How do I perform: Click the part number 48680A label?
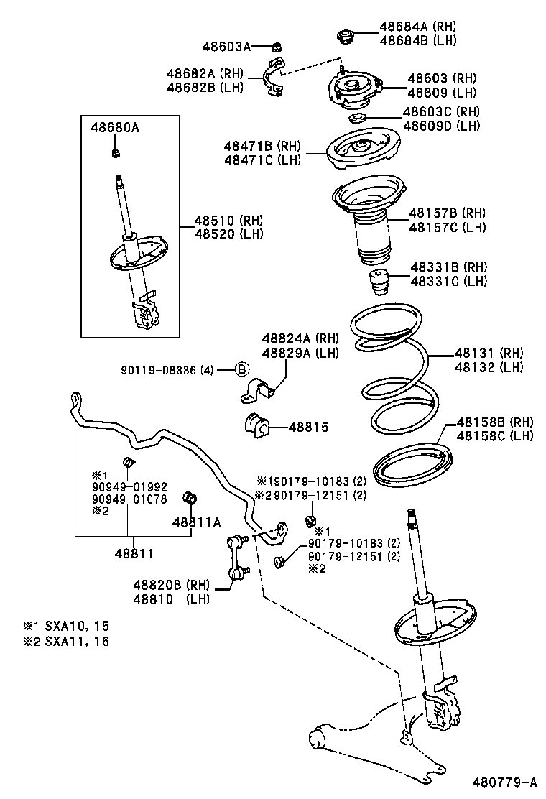[115, 129]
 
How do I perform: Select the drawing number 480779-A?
[504, 782]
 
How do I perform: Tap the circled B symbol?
[242, 370]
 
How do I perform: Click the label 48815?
[308, 428]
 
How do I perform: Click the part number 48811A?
[196, 522]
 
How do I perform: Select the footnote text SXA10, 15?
[77, 626]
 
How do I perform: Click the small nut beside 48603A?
[276, 47]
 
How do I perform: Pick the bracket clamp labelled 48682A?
[272, 78]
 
